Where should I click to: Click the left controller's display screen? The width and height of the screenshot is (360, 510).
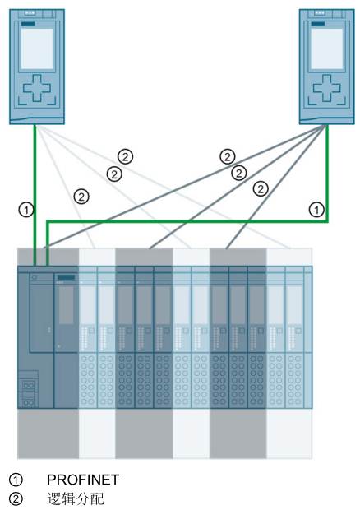tap(37, 49)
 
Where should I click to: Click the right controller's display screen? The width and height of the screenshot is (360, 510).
tap(327, 49)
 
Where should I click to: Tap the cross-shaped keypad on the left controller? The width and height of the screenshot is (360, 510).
tap(37, 87)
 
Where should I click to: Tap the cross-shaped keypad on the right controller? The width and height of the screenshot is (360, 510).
tap(327, 87)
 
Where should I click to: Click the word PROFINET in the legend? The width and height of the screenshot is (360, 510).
tap(83, 480)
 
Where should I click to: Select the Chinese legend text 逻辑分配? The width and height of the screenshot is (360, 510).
tap(76, 498)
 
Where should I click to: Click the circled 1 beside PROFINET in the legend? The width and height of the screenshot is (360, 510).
tap(16, 480)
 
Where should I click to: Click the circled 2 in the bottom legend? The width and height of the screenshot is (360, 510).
tap(16, 499)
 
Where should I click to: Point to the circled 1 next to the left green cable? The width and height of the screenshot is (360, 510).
tap(26, 210)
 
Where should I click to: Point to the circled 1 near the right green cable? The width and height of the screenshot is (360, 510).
tap(316, 210)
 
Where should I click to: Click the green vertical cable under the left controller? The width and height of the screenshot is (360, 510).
tap(35, 195)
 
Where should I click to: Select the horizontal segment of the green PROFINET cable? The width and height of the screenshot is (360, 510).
tap(187, 221)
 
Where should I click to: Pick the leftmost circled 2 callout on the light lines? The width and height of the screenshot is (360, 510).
tap(81, 197)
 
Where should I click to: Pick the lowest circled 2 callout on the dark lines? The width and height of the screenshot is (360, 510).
tap(261, 188)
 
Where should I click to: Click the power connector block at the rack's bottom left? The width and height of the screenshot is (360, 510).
tap(29, 389)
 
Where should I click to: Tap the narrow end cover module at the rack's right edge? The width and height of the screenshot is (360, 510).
tap(308, 337)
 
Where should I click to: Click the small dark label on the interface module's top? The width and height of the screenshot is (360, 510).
tap(67, 277)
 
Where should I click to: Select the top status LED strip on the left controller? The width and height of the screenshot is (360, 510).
tap(30, 13)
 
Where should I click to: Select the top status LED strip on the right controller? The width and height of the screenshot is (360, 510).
tap(320, 13)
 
